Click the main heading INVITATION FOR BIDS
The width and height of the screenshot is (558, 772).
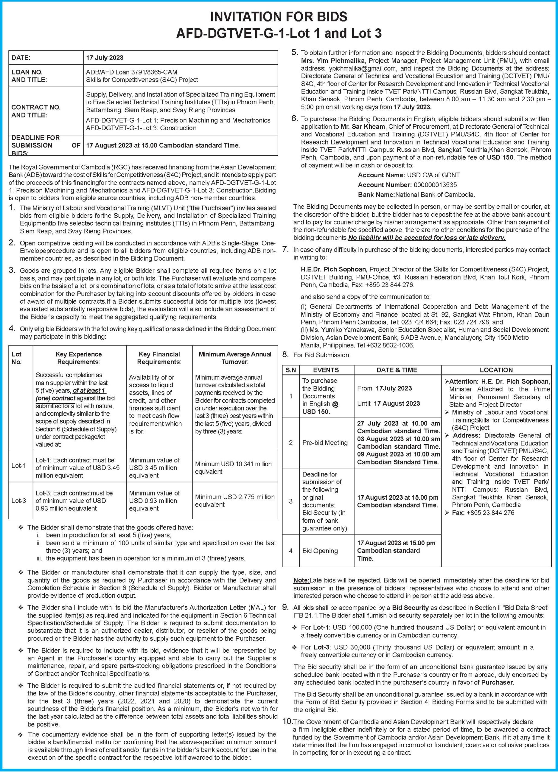pyautogui.click(x=279, y=17)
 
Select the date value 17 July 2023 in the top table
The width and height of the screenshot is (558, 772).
pyautogui.click(x=105, y=58)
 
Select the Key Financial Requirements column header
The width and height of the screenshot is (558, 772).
pyautogui.click(x=159, y=358)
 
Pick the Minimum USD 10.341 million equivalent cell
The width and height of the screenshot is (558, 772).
pyautogui.click(x=233, y=468)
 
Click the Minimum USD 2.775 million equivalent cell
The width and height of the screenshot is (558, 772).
pyautogui.click(x=235, y=500)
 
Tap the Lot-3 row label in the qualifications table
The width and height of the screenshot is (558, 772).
pyautogui.click(x=19, y=501)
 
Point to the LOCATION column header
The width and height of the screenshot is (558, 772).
pyautogui.click(x=496, y=370)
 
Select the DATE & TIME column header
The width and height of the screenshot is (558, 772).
pyautogui.click(x=397, y=370)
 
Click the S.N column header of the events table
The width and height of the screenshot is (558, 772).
pyautogui.click(x=291, y=370)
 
